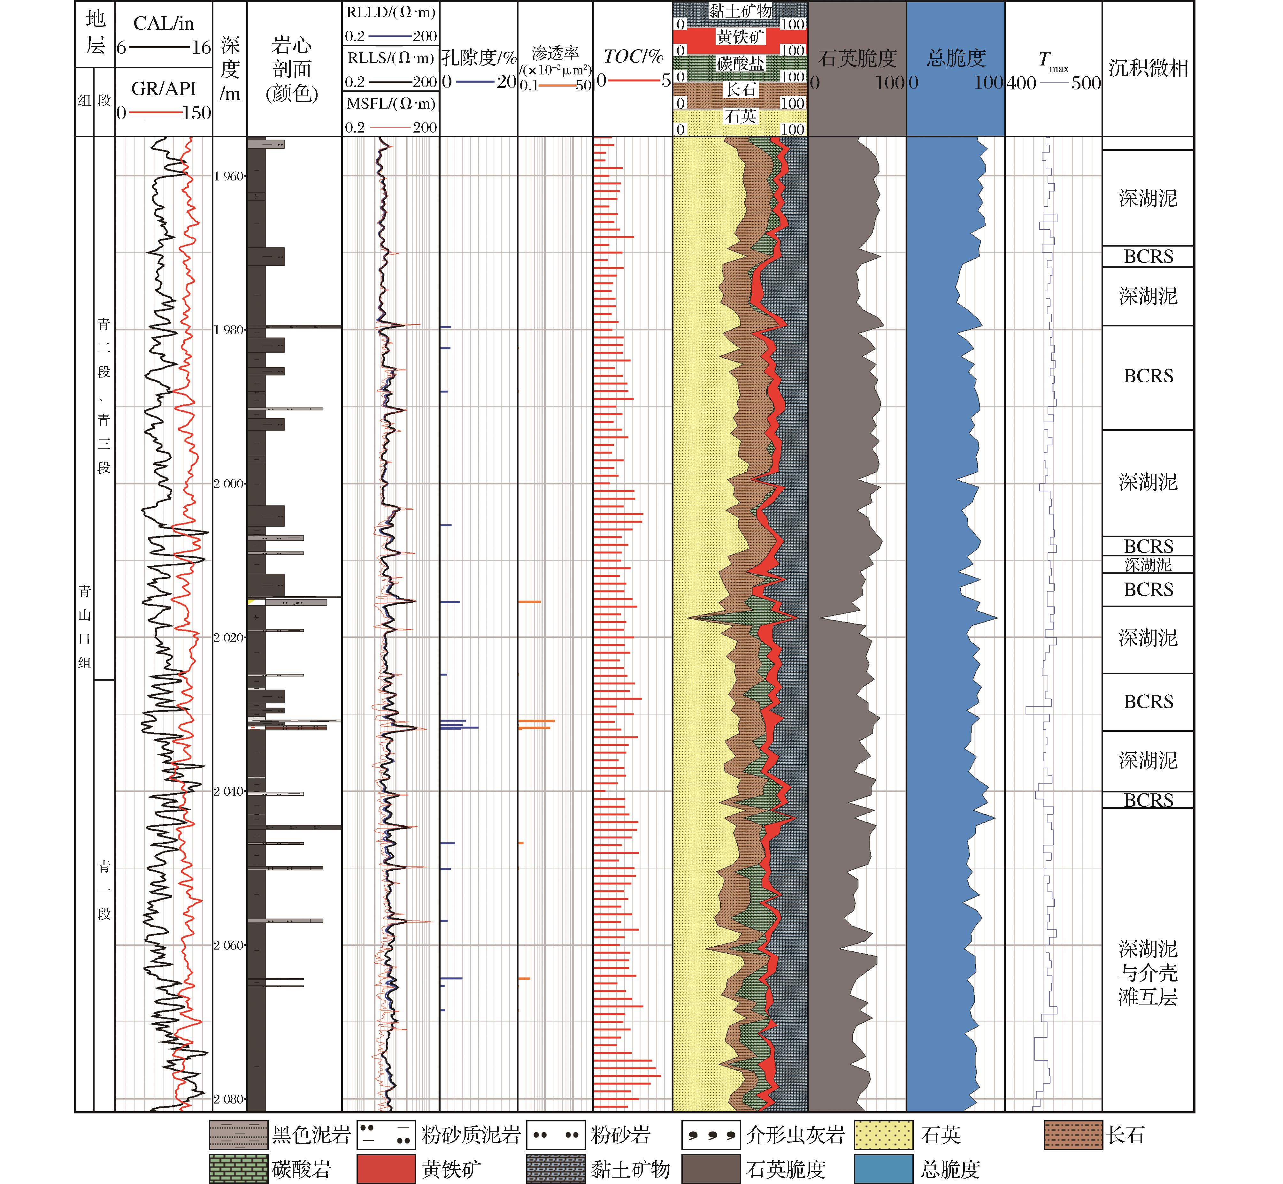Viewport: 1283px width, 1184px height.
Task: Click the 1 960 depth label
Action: pyautogui.click(x=229, y=176)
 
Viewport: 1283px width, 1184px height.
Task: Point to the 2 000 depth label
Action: pyautogui.click(x=229, y=484)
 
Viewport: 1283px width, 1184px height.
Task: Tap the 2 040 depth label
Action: pyautogui.click(x=229, y=791)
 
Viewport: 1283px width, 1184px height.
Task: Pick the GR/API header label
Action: pyautogui.click(x=164, y=88)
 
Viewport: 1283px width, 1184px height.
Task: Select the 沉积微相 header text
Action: pyautogui.click(x=1148, y=68)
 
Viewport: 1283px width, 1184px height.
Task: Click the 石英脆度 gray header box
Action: pyautogui.click(x=857, y=59)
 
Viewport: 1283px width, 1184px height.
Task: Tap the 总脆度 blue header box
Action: pyautogui.click(x=955, y=59)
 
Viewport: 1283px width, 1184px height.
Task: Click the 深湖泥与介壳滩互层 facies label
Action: pyautogui.click(x=1148, y=973)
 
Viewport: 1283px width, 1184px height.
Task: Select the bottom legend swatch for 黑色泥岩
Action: pyautogui.click(x=238, y=1135)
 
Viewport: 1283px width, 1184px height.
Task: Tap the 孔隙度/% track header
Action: pyautogui.click(x=478, y=58)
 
